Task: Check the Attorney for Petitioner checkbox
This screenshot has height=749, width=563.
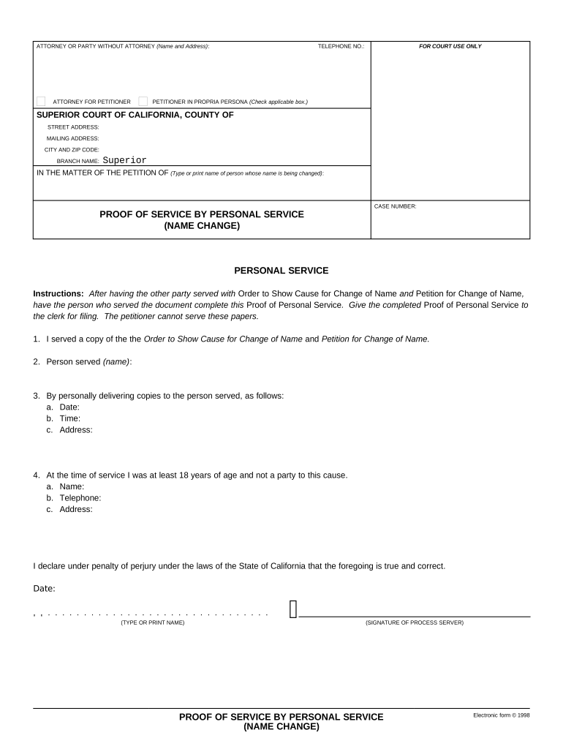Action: tap(41, 101)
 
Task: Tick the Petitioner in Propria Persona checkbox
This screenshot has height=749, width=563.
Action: tap(143, 101)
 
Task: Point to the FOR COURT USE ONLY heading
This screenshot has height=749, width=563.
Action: tap(450, 46)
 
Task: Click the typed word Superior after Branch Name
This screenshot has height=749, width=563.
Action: tap(124, 160)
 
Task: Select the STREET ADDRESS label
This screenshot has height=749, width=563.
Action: tap(73, 127)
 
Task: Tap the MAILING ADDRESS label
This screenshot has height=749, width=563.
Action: tap(73, 138)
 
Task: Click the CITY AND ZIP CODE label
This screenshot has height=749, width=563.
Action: tap(72, 149)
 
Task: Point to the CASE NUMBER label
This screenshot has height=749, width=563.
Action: tap(395, 206)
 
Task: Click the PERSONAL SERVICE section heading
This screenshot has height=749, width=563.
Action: tap(281, 271)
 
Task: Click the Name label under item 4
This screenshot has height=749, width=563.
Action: tap(72, 486)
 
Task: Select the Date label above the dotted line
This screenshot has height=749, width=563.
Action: tap(44, 588)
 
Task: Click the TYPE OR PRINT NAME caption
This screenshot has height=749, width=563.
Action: tap(153, 622)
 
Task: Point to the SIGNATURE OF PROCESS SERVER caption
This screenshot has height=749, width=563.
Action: tap(414, 622)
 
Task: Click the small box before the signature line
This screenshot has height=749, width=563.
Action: tap(293, 609)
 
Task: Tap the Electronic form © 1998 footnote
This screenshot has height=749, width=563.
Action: tap(501, 715)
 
